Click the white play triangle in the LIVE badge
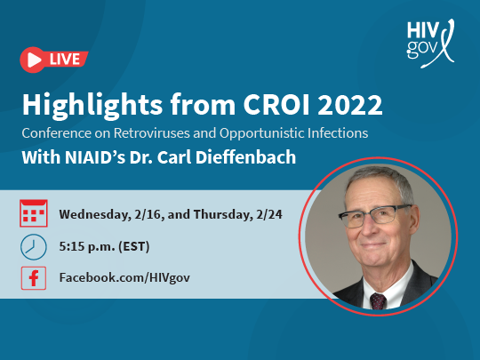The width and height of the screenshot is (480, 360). tap(34, 60)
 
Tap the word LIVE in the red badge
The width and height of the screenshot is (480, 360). tap(65, 60)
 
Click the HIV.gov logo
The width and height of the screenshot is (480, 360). tap(430, 44)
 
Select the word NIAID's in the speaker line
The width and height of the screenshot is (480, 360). tap(95, 157)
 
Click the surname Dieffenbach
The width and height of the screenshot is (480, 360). tap(246, 157)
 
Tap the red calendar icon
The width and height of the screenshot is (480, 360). tap(34, 213)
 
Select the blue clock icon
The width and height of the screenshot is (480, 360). tap(34, 247)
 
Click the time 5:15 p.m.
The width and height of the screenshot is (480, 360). tap(87, 246)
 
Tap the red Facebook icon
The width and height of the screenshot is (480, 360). tap(34, 278)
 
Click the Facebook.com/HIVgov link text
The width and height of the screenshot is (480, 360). tap(124, 277)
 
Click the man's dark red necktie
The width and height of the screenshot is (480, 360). tap(378, 301)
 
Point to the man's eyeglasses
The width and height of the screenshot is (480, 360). tap(374, 215)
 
